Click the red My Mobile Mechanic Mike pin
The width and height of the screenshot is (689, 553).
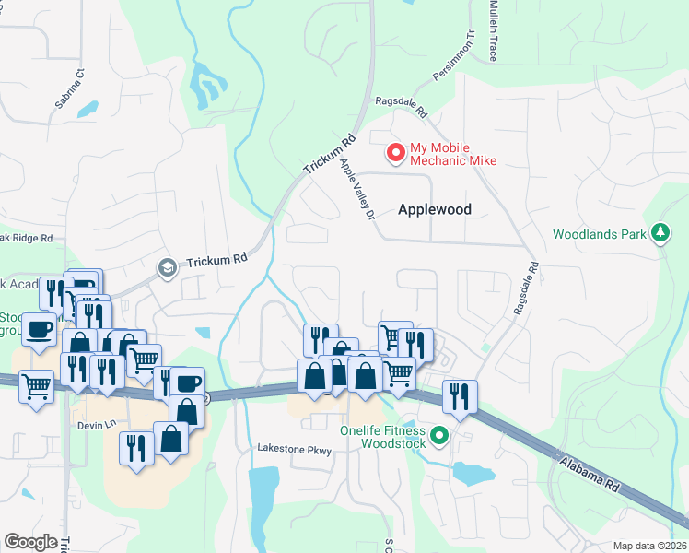(396, 153)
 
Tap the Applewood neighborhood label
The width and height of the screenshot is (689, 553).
(434, 209)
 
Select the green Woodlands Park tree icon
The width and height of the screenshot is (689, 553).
(660, 234)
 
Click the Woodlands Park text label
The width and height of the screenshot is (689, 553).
(600, 234)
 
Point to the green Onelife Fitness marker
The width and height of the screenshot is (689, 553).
(439, 436)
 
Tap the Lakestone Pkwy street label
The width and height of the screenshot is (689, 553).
(293, 449)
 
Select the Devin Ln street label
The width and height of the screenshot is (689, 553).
(94, 424)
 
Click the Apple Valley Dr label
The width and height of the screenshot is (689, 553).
(355, 189)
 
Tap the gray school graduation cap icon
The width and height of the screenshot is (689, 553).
(167, 267)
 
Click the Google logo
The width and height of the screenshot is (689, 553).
(30, 542)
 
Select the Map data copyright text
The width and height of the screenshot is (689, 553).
(648, 546)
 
